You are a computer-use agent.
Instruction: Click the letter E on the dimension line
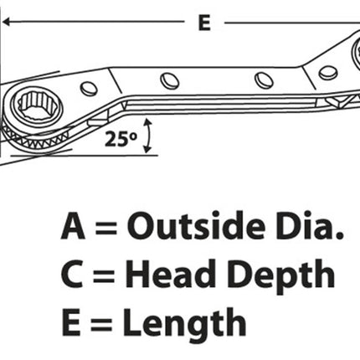[x=204, y=23]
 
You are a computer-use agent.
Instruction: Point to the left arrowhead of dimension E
[x=6, y=22]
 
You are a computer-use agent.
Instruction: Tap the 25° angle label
[x=121, y=139]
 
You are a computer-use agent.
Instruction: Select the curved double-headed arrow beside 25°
[x=148, y=136]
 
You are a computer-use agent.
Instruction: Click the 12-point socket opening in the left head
[x=36, y=105]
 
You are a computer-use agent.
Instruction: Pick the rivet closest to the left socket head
[x=89, y=88]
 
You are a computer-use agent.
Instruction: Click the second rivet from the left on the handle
[x=170, y=80]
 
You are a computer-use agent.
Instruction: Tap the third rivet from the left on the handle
[x=264, y=80]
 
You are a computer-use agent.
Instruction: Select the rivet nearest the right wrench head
[x=328, y=73]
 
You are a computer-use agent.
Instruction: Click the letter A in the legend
[x=73, y=225]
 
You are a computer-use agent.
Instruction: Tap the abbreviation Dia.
[x=310, y=225]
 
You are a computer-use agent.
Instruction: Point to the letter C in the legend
[x=72, y=274]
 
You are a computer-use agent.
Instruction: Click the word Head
[x=170, y=274]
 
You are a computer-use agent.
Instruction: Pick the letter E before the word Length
[x=71, y=322]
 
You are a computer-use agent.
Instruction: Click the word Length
[x=184, y=325]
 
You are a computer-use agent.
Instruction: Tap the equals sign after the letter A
[x=105, y=228]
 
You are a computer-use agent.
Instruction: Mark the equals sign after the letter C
[x=104, y=276]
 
